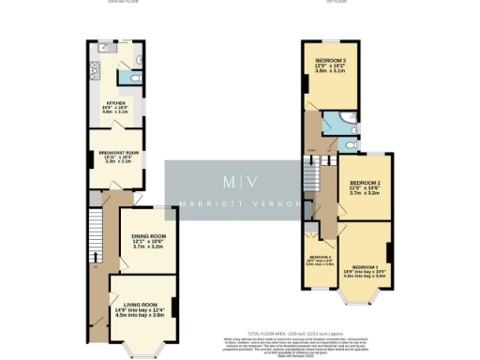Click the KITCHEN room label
pyautogui.click(x=115, y=103)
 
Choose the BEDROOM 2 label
pyautogui.click(x=364, y=183)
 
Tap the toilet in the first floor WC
pyautogui.click(x=349, y=144)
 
